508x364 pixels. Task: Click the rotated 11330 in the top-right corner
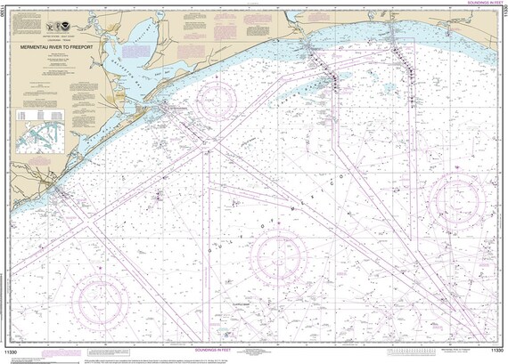503,15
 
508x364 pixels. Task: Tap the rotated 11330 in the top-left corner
5,15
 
